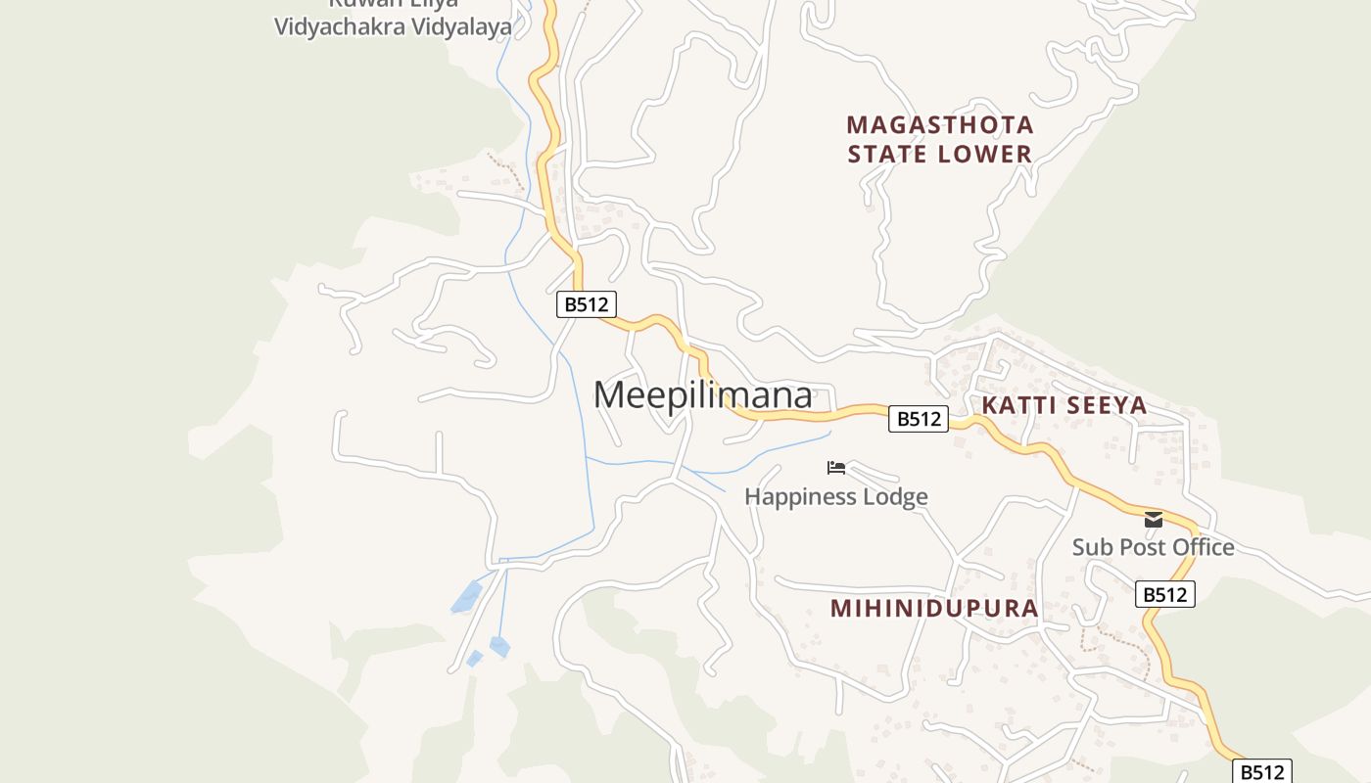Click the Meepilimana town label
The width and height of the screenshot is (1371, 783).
click(x=702, y=395)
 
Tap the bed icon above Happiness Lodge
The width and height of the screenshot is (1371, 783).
click(x=835, y=468)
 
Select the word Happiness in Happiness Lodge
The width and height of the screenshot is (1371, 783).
click(x=798, y=497)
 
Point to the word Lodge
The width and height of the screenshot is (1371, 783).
click(x=895, y=497)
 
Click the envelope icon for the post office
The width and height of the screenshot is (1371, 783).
click(x=1154, y=520)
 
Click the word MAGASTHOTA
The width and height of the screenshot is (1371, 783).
click(x=940, y=125)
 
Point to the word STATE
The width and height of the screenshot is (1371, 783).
click(x=888, y=154)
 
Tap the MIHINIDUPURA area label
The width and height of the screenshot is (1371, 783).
click(x=933, y=608)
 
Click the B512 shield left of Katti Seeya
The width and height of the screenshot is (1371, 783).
click(x=919, y=419)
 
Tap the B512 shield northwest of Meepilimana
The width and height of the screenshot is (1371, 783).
click(x=587, y=304)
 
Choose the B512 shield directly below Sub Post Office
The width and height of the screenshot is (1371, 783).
click(x=1165, y=594)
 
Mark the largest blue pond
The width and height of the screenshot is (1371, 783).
click(x=467, y=596)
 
